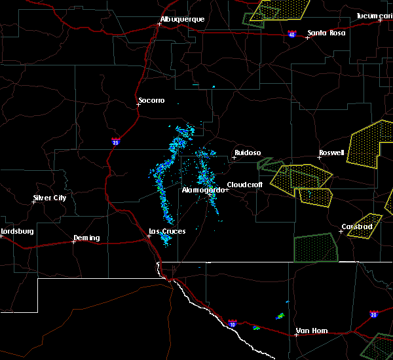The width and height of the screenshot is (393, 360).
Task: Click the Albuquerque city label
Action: [x=183, y=20]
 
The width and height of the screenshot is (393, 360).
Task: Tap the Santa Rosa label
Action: [x=326, y=33]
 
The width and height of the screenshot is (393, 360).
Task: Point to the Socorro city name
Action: [x=151, y=100]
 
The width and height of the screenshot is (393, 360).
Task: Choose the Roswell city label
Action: [x=331, y=153]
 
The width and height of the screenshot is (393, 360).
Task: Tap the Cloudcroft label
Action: [x=245, y=185]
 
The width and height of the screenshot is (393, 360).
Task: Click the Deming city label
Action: [x=86, y=238]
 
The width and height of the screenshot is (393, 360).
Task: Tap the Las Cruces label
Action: [x=167, y=231]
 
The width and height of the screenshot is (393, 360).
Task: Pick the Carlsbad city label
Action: [x=357, y=227]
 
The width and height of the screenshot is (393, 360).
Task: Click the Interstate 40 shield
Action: [x=292, y=33]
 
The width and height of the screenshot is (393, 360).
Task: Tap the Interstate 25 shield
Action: [x=116, y=141]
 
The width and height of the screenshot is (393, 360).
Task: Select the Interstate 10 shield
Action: [x=232, y=323]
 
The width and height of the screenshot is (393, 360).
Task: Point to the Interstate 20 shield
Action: [x=373, y=314]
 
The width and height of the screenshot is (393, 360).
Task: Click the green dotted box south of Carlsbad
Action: [x=316, y=248]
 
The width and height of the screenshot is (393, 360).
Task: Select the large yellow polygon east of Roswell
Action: [x=367, y=146]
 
